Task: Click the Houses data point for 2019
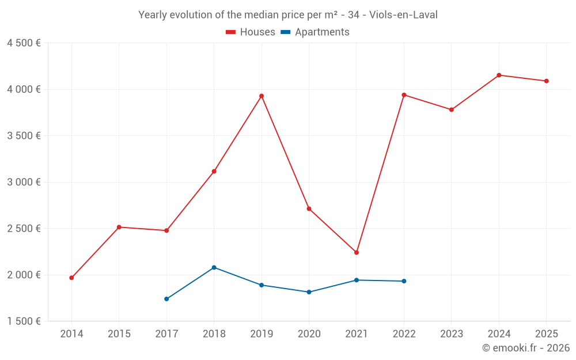pyautogui.click(x=262, y=96)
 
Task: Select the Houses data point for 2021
pyautogui.click(x=357, y=252)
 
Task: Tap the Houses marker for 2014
pyautogui.click(x=71, y=278)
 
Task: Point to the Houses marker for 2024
pyautogui.click(x=499, y=75)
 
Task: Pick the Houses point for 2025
pyautogui.click(x=547, y=81)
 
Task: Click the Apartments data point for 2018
pyautogui.click(x=214, y=267)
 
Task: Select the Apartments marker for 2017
pyautogui.click(x=166, y=299)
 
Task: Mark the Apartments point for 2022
pyautogui.click(x=404, y=281)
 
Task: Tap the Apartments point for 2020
pyautogui.click(x=309, y=292)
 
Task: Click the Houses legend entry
pyautogui.click(x=251, y=32)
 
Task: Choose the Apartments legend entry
pyautogui.click(x=315, y=32)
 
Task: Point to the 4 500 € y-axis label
pyautogui.click(x=24, y=43)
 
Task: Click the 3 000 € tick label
pyautogui.click(x=24, y=182)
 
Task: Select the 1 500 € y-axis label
pyautogui.click(x=24, y=321)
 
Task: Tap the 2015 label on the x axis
pyautogui.click(x=119, y=334)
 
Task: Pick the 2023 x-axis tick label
pyautogui.click(x=452, y=334)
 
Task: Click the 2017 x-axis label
pyautogui.click(x=166, y=334)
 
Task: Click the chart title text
pyautogui.click(x=288, y=15)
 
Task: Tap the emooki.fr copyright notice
pyautogui.click(x=526, y=348)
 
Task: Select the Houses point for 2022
pyautogui.click(x=404, y=95)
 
